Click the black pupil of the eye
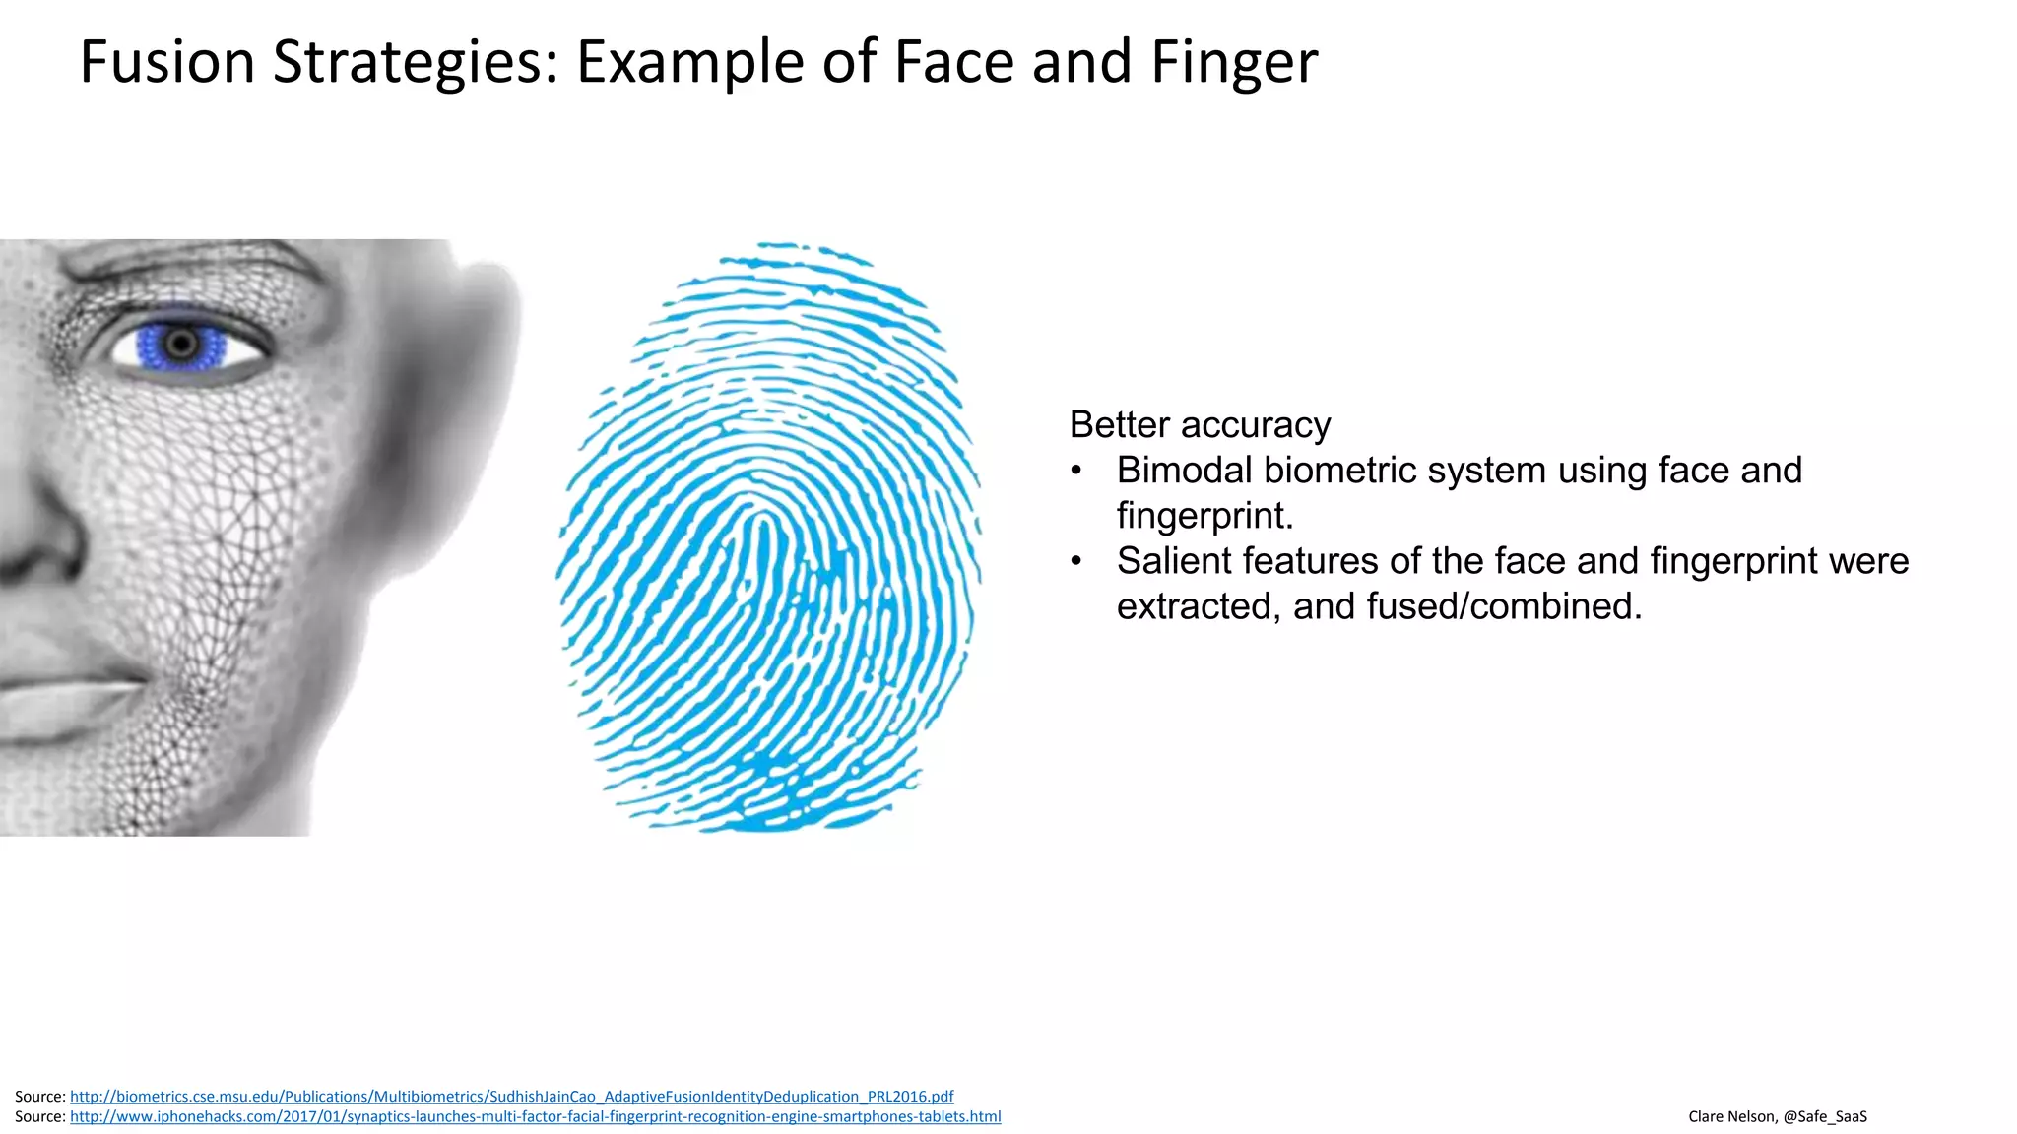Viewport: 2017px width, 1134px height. (x=181, y=343)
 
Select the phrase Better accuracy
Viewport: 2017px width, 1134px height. (x=1200, y=425)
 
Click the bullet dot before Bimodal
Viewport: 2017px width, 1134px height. (x=1076, y=471)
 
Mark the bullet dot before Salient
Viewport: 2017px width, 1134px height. (x=1076, y=561)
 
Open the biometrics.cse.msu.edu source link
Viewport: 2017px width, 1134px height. (x=511, y=1097)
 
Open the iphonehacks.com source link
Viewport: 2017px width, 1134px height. (x=535, y=1116)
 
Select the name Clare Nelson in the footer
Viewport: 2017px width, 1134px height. (x=1731, y=1116)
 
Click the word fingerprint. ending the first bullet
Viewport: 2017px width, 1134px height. (x=1204, y=516)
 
